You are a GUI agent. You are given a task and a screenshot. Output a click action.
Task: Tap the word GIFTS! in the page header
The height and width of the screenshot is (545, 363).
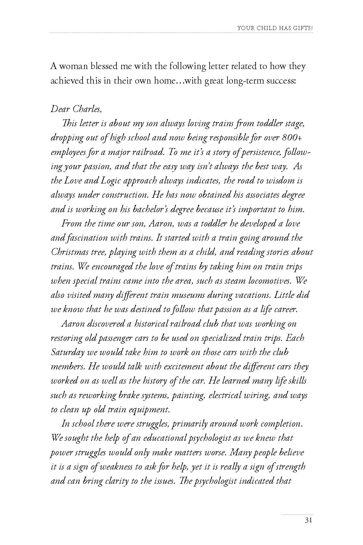pos(302,28)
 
